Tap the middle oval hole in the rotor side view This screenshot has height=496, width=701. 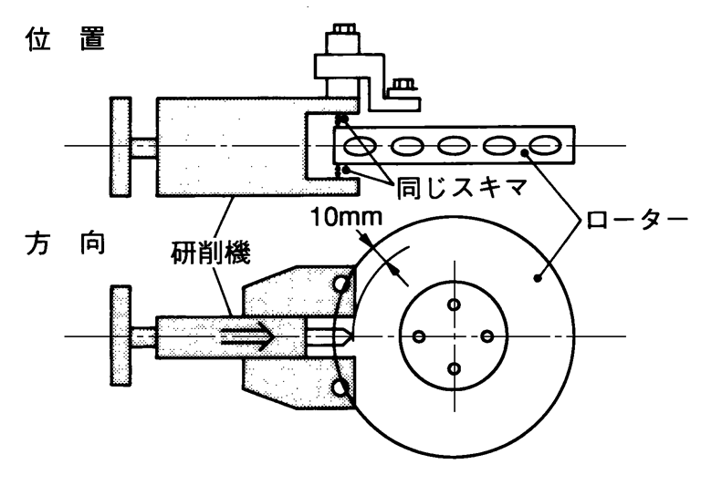[454, 146]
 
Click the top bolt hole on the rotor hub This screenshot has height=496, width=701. [454, 303]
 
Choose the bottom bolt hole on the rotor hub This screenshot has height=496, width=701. [454, 368]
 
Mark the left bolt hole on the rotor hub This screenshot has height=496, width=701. [420, 336]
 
